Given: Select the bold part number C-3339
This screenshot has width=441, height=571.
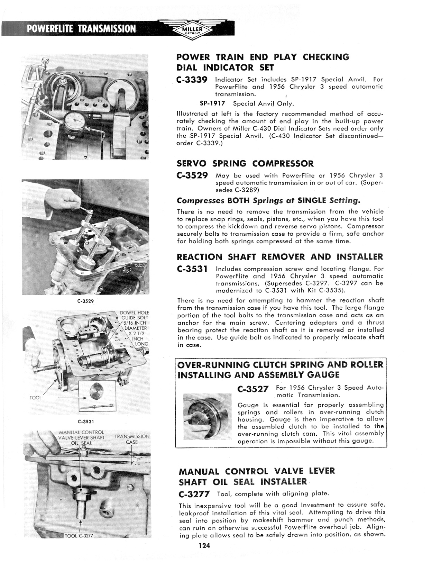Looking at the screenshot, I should pyautogui.click(x=192, y=80).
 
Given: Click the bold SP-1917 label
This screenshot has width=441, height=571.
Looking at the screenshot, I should pyautogui.click(x=213, y=103).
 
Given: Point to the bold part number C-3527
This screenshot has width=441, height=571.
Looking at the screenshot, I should pyautogui.click(x=253, y=389).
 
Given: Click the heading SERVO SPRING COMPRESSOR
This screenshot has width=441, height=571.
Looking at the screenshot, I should pyautogui.click(x=245, y=163).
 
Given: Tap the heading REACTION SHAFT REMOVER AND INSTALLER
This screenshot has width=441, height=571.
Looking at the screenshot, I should pyautogui.click(x=280, y=257).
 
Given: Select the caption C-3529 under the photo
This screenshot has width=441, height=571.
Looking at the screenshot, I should pyautogui.click(x=85, y=301).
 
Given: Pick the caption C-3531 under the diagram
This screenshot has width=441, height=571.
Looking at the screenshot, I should pyautogui.click(x=86, y=422).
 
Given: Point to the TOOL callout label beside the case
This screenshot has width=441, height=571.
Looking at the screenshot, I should pyautogui.click(x=35, y=398).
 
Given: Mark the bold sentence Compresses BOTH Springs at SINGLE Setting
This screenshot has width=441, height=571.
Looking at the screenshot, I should pyautogui.click(x=268, y=200).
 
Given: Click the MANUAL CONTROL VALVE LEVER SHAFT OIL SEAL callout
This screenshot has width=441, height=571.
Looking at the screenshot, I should pyautogui.click(x=82, y=437).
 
